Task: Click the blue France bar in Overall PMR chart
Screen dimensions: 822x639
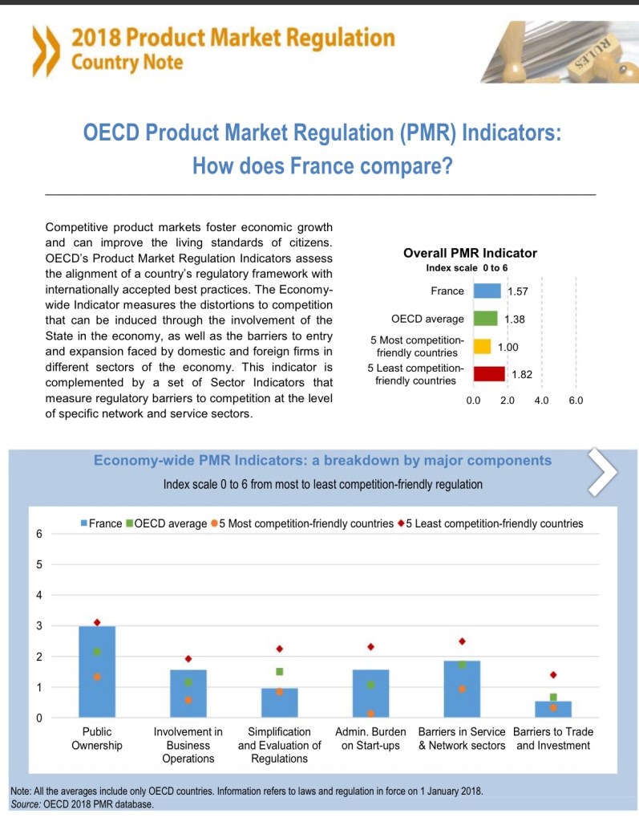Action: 487,291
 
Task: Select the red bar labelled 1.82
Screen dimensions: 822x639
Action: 489,373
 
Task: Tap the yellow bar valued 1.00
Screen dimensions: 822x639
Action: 482,346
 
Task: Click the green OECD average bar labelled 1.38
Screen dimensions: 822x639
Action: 486,319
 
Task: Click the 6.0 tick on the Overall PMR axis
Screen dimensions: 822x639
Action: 576,400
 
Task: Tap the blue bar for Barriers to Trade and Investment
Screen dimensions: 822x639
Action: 553,709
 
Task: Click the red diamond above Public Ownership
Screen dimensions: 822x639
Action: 97,623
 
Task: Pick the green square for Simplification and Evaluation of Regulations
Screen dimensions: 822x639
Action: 280,671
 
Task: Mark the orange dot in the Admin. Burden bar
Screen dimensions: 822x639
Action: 371,713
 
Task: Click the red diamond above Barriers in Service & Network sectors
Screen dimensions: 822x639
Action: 463,641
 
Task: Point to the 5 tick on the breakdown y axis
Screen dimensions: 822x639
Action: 38,564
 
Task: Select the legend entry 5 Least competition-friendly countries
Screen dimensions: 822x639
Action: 490,524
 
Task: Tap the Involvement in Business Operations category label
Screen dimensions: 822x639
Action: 188,745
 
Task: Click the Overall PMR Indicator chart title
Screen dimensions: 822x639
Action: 470,253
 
